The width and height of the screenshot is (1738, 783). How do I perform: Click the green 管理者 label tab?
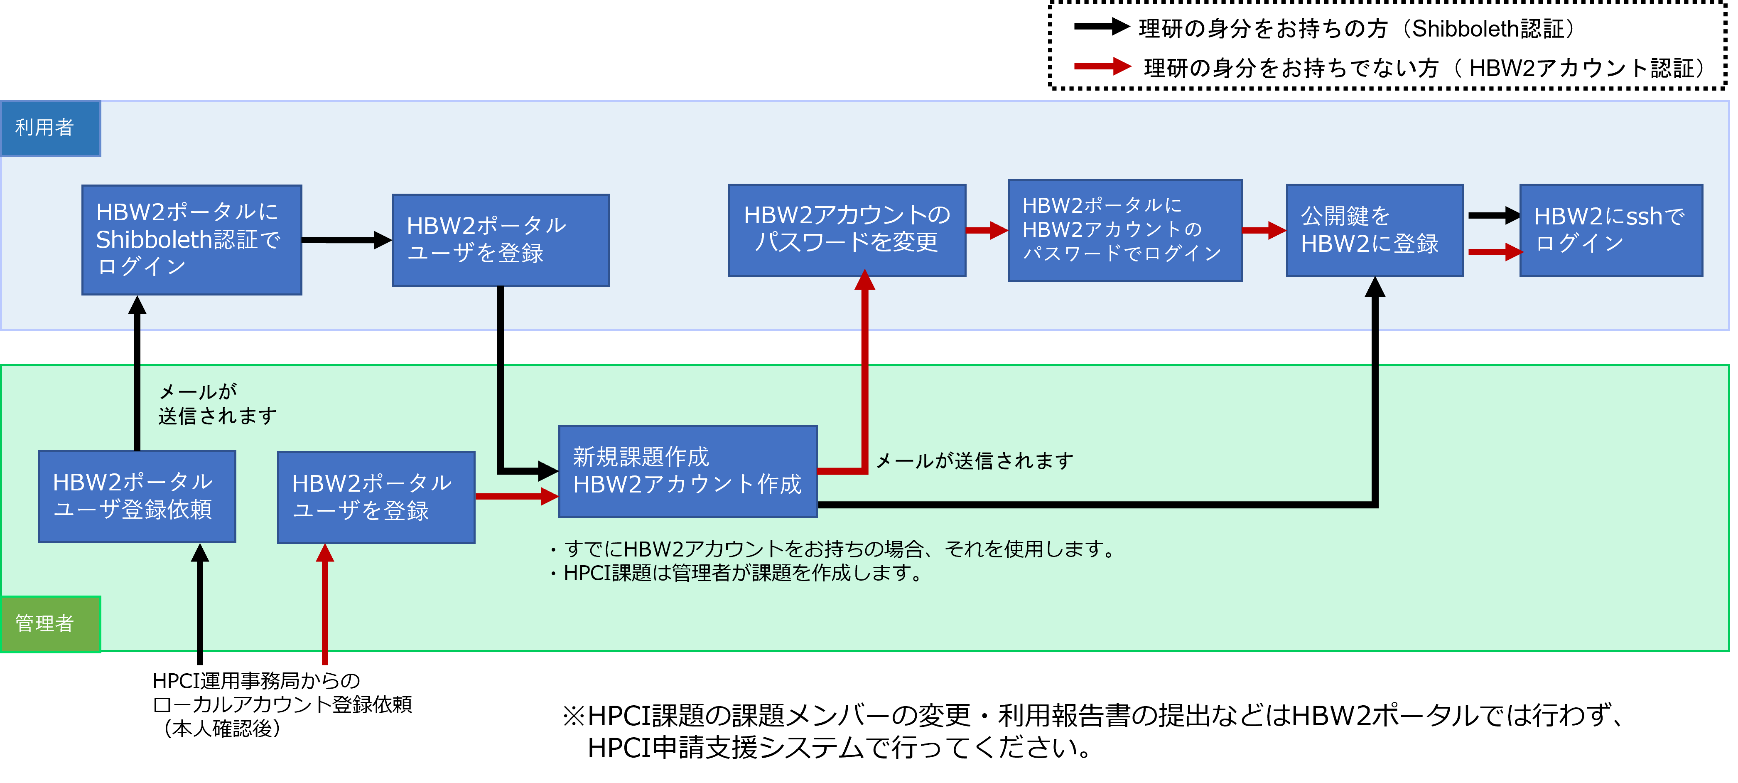tap(51, 624)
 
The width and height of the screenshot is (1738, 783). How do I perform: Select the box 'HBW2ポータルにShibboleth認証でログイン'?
tap(191, 240)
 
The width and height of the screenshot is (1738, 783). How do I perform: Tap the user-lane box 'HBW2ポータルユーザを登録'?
tap(501, 240)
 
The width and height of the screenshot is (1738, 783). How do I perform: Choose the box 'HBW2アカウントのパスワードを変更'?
tap(847, 229)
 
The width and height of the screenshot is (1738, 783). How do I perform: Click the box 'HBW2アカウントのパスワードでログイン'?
tap(1125, 229)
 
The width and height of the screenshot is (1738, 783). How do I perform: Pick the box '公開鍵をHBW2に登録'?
tap(1375, 229)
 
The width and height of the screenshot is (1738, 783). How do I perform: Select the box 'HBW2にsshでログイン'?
tap(1610, 229)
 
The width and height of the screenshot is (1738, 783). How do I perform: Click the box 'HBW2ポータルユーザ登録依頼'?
tap(137, 496)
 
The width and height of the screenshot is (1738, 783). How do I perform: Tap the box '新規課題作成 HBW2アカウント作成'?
tap(687, 471)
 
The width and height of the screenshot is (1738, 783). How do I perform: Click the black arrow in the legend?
tap(1102, 27)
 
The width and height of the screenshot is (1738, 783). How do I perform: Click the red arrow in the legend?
tap(1102, 66)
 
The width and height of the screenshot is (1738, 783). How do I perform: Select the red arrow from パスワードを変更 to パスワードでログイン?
tap(987, 230)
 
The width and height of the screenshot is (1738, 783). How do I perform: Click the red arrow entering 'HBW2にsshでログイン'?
tap(1495, 252)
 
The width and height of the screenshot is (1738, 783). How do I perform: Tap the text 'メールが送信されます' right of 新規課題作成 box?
tap(974, 460)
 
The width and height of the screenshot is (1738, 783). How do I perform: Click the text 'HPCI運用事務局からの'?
tap(256, 680)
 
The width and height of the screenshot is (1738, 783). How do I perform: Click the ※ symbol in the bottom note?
tap(574, 716)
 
